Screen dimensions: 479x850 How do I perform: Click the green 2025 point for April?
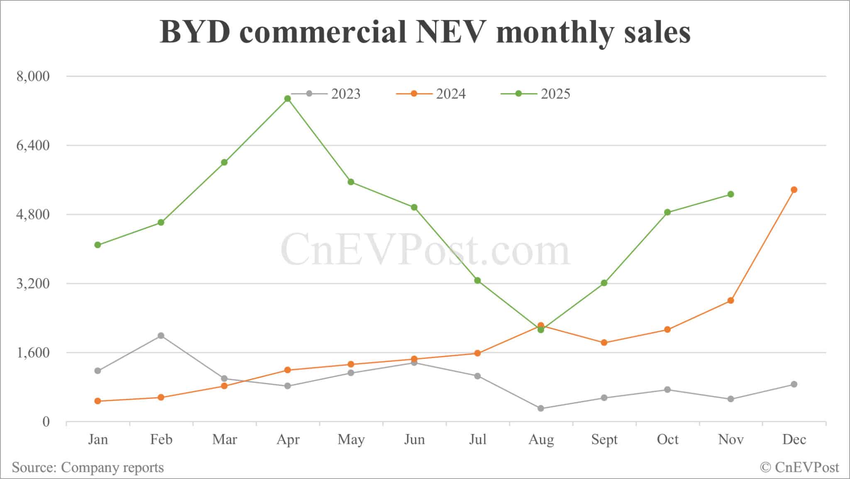point(288,98)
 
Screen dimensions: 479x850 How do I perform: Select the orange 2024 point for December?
point(794,190)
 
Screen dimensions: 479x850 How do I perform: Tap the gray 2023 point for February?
point(161,336)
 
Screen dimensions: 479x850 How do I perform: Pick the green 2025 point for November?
point(731,194)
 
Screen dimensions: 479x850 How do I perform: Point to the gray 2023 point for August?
point(541,408)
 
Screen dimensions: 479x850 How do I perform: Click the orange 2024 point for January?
point(98,401)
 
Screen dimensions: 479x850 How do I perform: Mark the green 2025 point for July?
point(478,280)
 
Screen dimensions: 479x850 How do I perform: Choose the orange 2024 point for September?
point(604,343)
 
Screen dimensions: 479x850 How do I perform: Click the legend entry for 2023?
point(326,94)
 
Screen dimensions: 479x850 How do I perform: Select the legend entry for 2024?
point(431,94)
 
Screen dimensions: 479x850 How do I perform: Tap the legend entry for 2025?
point(536,94)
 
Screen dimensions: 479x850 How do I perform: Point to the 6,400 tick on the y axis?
point(33,145)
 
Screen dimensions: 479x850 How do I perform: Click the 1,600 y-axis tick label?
point(33,353)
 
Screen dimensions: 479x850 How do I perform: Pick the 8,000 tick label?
point(33,76)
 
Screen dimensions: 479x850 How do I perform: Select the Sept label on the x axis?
point(604,439)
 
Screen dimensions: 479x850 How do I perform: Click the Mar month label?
point(225,439)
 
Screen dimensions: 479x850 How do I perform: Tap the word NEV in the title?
point(451,32)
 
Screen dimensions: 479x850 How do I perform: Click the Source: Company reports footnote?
point(88,467)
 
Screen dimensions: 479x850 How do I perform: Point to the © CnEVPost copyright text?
point(799,467)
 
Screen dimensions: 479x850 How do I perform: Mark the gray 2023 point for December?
point(794,384)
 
